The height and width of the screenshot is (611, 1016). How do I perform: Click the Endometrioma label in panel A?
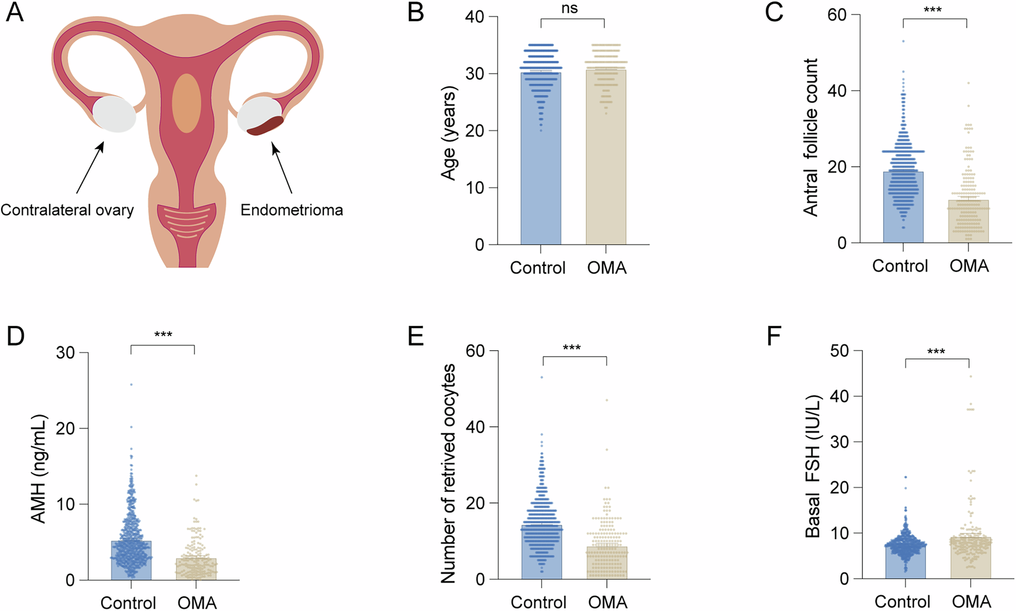[291, 210]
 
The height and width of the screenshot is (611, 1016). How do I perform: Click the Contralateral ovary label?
[67, 210]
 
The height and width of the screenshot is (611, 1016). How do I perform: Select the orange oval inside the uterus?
[186, 103]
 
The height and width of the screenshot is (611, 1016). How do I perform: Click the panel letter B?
[416, 13]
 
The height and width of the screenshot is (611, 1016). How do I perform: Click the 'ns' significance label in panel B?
[570, 8]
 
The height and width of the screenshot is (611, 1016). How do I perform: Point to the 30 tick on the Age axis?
[474, 74]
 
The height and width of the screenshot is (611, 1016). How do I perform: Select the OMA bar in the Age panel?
[606, 174]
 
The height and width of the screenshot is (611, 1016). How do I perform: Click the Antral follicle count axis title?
[810, 137]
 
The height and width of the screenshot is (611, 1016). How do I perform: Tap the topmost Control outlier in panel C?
[903, 41]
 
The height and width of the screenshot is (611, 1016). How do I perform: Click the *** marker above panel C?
[932, 10]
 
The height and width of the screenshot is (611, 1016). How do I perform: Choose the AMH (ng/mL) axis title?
[39, 468]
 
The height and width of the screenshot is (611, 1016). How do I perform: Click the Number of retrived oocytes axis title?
[449, 473]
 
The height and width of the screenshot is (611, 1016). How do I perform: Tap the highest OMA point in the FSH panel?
[970, 376]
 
